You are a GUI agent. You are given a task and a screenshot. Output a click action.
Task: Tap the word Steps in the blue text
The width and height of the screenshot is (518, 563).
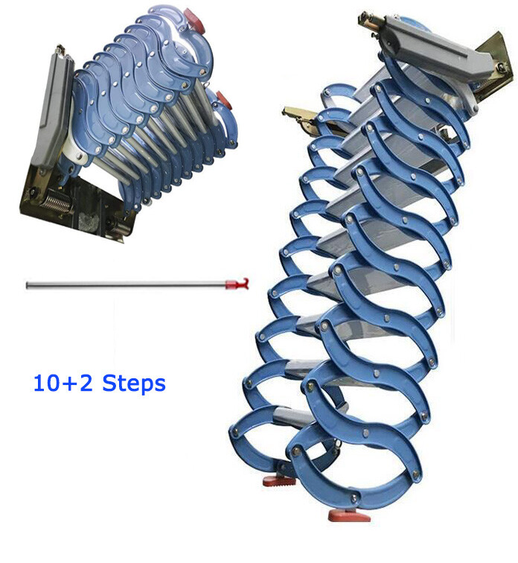click(x=134, y=384)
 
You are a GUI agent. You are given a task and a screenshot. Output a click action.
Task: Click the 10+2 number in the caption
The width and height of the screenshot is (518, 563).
click(x=63, y=383)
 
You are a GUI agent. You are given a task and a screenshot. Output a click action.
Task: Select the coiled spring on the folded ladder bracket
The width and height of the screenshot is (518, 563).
click(x=57, y=203)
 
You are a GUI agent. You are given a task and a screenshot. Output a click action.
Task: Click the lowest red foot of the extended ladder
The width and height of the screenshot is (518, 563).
click(x=349, y=516)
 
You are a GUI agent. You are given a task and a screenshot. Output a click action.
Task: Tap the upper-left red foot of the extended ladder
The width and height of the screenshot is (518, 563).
click(x=279, y=480)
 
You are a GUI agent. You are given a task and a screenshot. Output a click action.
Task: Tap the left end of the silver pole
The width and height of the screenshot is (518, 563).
click(x=28, y=285)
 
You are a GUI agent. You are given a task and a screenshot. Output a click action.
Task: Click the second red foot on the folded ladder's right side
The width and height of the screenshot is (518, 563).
click(x=223, y=100)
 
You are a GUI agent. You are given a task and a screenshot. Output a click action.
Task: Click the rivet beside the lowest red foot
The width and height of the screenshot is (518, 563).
click(x=354, y=498)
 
